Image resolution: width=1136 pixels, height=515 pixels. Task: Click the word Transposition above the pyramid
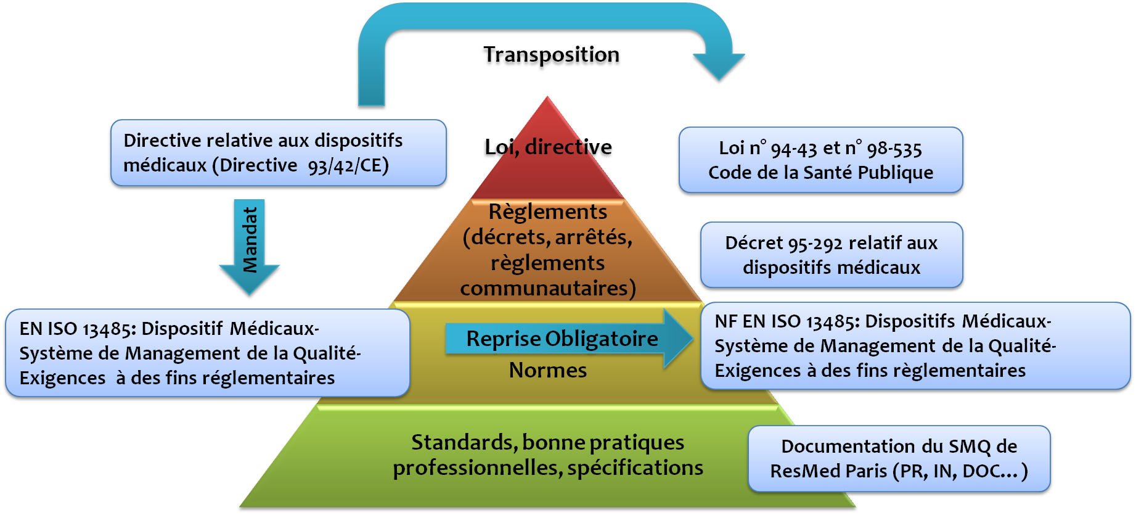click(551, 57)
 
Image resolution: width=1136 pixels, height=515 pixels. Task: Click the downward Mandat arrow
click(250, 247)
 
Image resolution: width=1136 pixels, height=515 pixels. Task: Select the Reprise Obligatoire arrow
click(567, 339)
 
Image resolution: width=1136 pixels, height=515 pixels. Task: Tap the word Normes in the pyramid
click(547, 370)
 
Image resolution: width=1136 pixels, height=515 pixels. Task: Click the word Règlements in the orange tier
click(547, 212)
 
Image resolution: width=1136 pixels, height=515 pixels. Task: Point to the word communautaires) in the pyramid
click(547, 288)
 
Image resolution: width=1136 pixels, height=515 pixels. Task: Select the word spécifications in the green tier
click(635, 468)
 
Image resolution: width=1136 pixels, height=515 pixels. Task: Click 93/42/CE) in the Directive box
click(348, 165)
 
